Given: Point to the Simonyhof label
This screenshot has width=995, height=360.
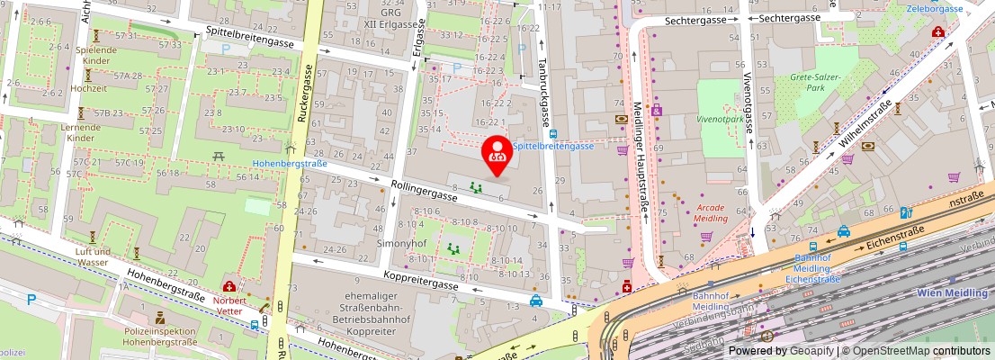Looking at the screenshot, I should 400,244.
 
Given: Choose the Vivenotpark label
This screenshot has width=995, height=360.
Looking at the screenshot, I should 721,118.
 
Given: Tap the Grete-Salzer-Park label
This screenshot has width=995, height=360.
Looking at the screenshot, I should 816,83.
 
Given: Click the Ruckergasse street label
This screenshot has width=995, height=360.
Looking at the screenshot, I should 305,94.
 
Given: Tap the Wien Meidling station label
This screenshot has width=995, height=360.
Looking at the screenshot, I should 953,293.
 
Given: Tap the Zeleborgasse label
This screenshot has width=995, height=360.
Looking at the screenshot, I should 936,8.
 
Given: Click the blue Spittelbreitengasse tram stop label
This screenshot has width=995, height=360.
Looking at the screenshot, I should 553,146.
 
